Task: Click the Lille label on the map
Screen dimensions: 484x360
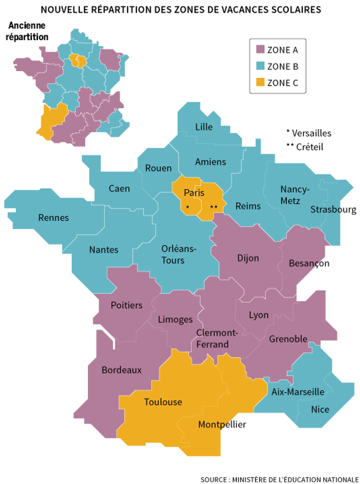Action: (204, 127)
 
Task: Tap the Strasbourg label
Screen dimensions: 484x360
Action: (333, 209)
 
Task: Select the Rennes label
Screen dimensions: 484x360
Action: (54, 218)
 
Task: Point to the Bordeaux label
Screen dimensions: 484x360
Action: (121, 370)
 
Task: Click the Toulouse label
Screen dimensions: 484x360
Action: (163, 402)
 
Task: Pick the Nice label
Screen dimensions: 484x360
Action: (320, 409)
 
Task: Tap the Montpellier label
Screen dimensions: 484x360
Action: (222, 424)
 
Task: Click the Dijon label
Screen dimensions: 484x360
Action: (248, 258)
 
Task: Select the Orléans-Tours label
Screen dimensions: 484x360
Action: (179, 254)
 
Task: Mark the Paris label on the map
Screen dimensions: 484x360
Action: (194, 192)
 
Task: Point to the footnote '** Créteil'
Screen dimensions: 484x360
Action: (305, 147)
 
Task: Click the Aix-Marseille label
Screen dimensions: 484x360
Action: (298, 391)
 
